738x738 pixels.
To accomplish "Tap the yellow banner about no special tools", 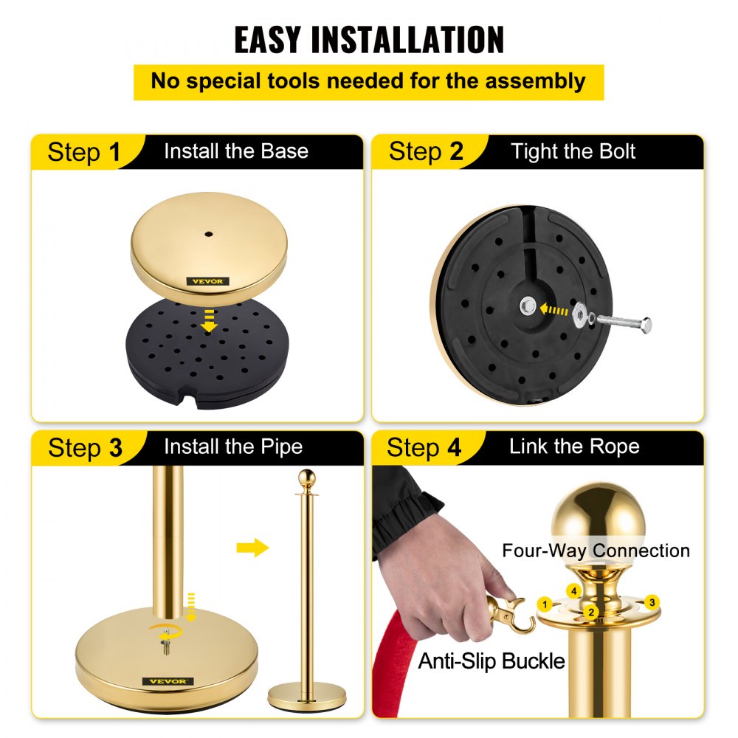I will (x=368, y=81).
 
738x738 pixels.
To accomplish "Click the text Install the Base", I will (x=235, y=151).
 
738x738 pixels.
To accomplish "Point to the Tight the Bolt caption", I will (x=573, y=152).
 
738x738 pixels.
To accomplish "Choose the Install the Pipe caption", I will (x=232, y=446).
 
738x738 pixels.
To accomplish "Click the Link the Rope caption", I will (x=573, y=446).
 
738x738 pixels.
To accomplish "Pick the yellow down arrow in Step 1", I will (x=209, y=320).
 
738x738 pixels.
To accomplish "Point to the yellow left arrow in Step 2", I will (x=555, y=310).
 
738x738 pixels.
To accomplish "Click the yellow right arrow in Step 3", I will (x=253, y=548).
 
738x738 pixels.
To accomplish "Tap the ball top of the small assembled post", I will (x=306, y=477).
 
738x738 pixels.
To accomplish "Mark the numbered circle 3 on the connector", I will (x=651, y=601).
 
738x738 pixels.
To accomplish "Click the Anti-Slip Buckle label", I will (x=492, y=661).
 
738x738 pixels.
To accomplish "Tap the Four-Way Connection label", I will (x=596, y=551).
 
